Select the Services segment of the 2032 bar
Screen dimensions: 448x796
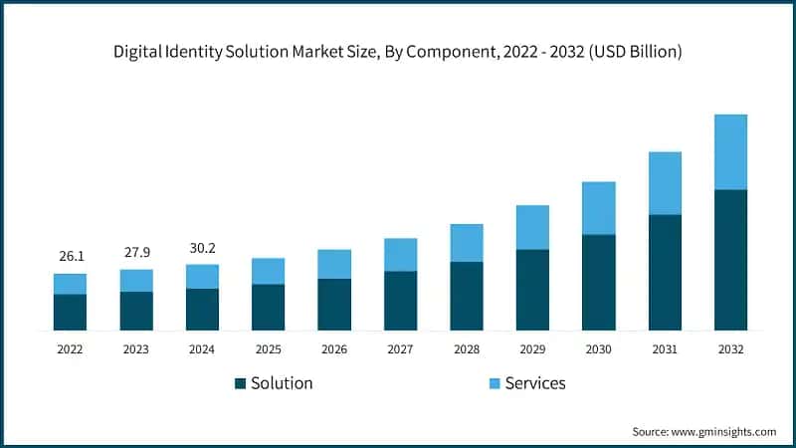730,151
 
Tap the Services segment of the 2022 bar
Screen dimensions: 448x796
70,284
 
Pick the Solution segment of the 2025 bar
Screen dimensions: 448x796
268,307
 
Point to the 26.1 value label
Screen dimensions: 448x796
71,256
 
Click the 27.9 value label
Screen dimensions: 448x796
136,252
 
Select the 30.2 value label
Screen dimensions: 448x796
202,247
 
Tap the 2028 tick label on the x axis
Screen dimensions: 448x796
466,349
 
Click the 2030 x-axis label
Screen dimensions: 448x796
598,349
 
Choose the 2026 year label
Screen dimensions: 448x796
334,349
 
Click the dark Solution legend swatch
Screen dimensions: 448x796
240,383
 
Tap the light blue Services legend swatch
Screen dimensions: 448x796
495,383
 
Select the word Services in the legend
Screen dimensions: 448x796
535,383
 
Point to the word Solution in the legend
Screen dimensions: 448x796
282,383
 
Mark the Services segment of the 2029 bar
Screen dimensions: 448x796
532,227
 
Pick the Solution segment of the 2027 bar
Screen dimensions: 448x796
400,300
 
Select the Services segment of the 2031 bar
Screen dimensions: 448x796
665,183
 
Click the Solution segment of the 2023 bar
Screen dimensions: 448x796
136,311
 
